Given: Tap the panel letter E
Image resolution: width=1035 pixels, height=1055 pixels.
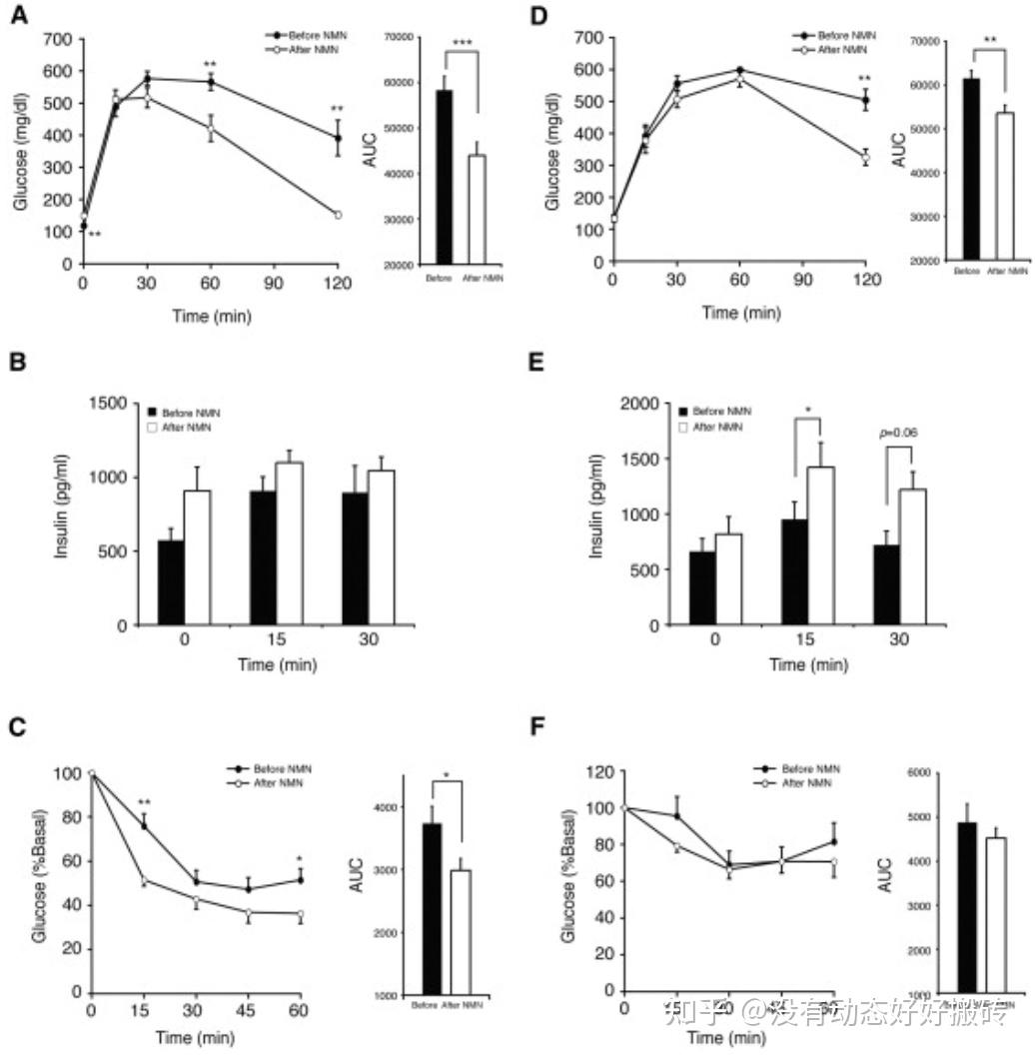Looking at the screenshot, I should pyautogui.click(x=535, y=362).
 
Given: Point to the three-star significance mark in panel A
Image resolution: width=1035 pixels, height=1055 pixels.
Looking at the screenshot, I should pyautogui.click(x=463, y=42).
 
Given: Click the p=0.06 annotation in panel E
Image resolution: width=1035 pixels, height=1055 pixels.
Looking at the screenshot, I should pyautogui.click(x=898, y=433).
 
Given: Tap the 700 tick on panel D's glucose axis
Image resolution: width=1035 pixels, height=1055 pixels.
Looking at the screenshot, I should pyautogui.click(x=588, y=38).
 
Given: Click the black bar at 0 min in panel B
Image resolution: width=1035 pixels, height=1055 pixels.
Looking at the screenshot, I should pyautogui.click(x=171, y=582).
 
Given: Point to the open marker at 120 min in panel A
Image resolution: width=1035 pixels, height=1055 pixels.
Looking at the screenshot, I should pyautogui.click(x=338, y=215).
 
